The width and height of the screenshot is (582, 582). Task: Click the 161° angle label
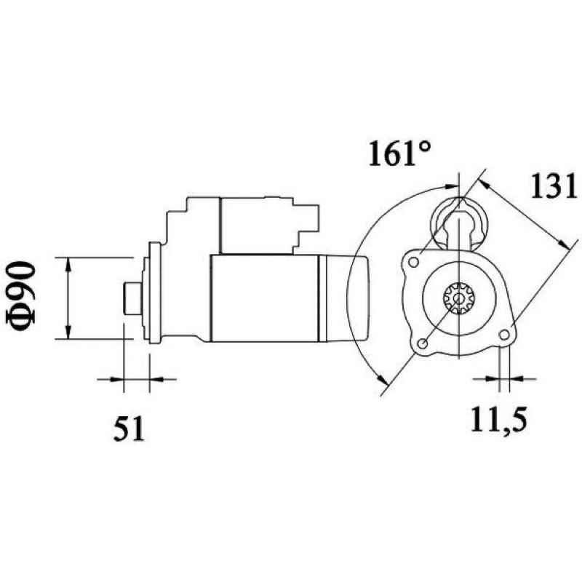(399, 153)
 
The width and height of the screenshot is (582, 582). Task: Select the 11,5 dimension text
(499, 420)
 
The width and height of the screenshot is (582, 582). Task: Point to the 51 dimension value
(129, 428)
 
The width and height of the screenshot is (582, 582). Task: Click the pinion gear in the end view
(460, 298)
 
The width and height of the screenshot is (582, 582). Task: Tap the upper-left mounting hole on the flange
(413, 263)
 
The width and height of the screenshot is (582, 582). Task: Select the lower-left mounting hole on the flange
(422, 343)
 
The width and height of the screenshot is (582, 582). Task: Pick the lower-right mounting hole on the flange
(504, 335)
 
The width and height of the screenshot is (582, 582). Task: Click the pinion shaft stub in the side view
(132, 298)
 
